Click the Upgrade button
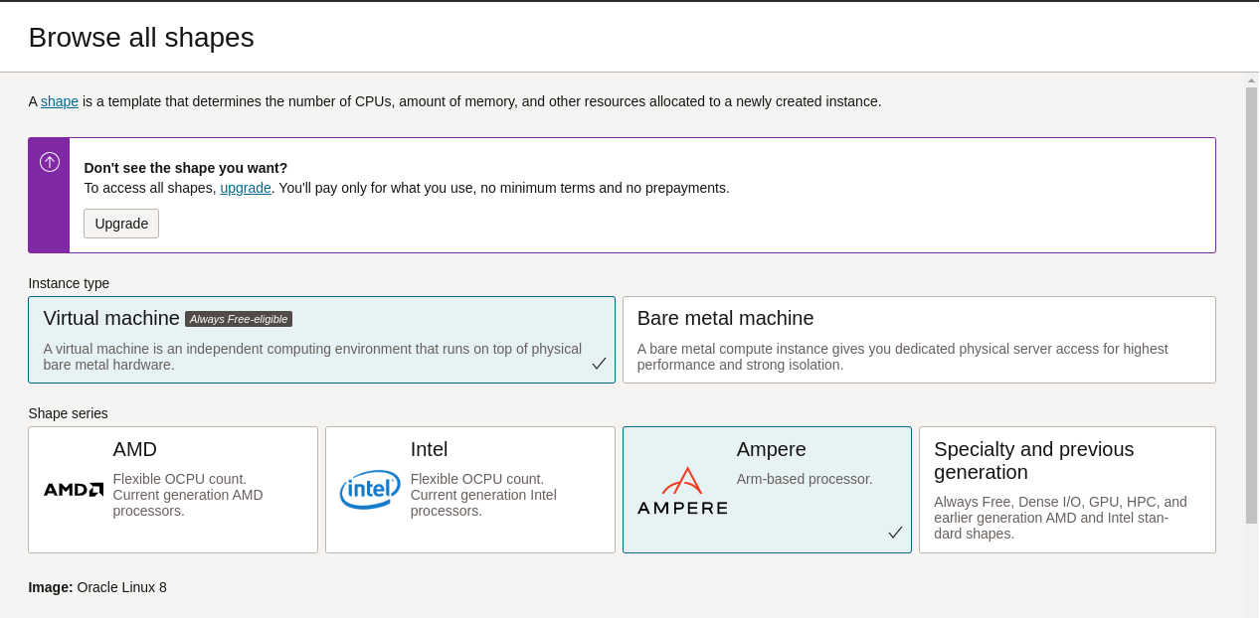(x=121, y=224)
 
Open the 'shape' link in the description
(x=60, y=101)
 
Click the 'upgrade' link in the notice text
(x=246, y=188)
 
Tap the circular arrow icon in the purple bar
(x=50, y=162)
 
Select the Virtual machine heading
(x=111, y=318)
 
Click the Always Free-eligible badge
(x=239, y=319)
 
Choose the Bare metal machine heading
(x=725, y=318)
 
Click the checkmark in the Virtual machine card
(x=599, y=364)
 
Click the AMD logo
(x=74, y=489)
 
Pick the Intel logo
(x=370, y=490)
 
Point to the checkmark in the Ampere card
(x=895, y=533)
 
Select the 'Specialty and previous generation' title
(x=1033, y=461)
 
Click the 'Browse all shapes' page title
(x=141, y=38)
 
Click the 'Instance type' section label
(x=69, y=283)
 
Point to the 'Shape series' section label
(x=68, y=413)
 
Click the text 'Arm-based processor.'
(x=805, y=479)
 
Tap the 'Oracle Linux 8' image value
(x=121, y=587)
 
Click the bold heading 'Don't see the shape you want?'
(x=186, y=168)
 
